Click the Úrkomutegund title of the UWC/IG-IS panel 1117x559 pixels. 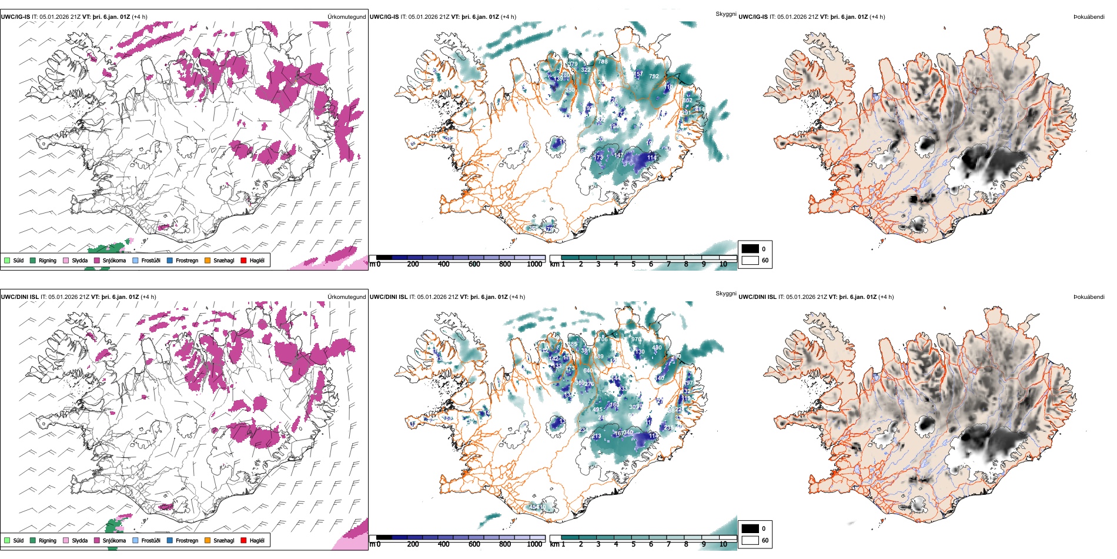point(346,17)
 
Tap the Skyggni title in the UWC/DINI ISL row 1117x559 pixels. point(725,294)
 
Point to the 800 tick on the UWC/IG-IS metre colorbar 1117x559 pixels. point(505,264)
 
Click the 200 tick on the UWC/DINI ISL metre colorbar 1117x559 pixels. point(413,544)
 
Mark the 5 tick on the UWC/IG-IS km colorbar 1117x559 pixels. point(634,264)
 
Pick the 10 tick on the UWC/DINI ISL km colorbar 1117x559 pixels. point(723,544)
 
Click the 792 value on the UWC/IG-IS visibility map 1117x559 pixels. point(654,76)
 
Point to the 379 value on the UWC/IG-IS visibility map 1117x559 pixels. point(573,64)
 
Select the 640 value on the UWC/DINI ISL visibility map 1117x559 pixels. point(588,371)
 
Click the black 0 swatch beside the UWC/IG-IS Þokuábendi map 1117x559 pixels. point(750,249)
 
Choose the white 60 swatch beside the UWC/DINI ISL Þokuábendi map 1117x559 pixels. point(750,540)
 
